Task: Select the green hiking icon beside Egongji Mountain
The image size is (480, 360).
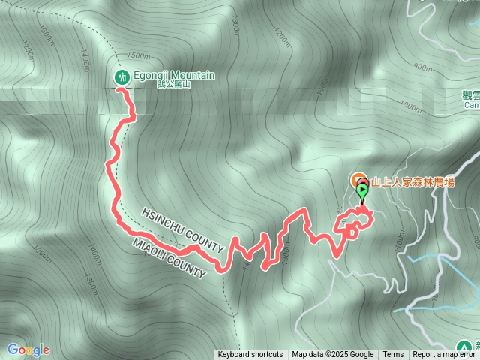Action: click(121, 76)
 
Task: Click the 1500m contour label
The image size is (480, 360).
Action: click(139, 56)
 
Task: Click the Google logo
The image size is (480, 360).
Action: click(28, 349)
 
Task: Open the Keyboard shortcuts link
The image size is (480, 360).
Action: click(250, 355)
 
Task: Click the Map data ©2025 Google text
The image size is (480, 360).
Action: click(333, 355)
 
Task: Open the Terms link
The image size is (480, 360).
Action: click(393, 355)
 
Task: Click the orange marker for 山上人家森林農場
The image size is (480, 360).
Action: click(357, 181)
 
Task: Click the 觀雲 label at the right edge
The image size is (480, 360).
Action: click(472, 95)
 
